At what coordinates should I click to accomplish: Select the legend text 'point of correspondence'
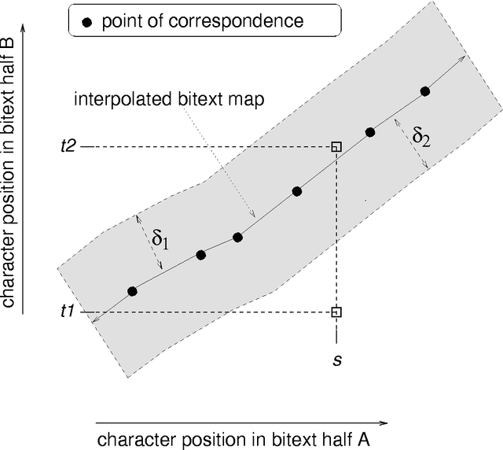coord(202,22)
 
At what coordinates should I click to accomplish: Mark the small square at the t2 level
coord(336,146)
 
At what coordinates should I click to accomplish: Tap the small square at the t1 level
coord(336,312)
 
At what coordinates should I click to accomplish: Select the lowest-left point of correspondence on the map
coord(132,292)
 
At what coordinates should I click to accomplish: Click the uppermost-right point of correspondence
coord(425,91)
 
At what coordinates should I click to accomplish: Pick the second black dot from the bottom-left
coord(201,254)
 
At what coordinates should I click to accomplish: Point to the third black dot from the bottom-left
coord(237,237)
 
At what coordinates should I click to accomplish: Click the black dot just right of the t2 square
coord(370,132)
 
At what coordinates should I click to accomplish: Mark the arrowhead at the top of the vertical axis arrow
coord(24,28)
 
